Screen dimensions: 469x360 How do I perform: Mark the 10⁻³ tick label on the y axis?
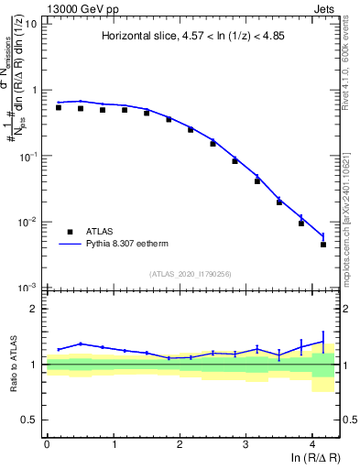pos(28,288)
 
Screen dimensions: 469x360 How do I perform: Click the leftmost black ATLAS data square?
pos(58,107)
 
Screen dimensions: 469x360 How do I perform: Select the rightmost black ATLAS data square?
pos(323,245)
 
